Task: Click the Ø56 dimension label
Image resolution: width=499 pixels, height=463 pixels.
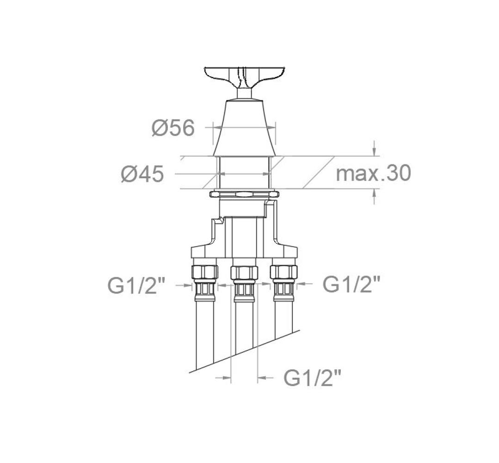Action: pyautogui.click(x=173, y=128)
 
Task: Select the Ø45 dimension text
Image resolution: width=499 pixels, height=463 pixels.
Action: pyautogui.click(x=142, y=174)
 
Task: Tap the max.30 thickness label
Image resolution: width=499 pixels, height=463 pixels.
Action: pyautogui.click(x=374, y=173)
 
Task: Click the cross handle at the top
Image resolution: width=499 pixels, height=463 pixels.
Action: pyautogui.click(x=244, y=76)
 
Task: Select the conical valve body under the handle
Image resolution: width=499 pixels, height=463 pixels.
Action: pyautogui.click(x=244, y=128)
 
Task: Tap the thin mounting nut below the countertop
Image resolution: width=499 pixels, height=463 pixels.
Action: pyautogui.click(x=244, y=194)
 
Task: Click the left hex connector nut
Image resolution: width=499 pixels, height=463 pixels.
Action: pyautogui.click(x=205, y=272)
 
